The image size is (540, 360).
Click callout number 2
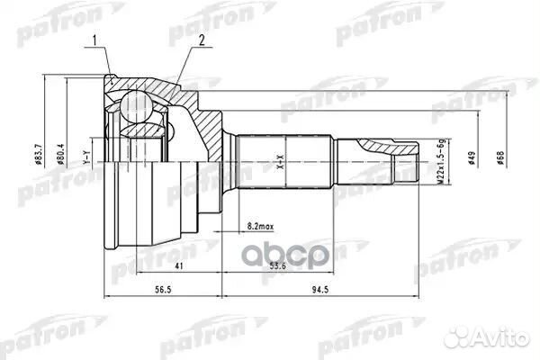click(203, 40)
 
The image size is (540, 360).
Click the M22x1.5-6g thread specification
click(442, 162)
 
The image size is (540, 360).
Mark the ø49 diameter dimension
click(471, 159)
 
